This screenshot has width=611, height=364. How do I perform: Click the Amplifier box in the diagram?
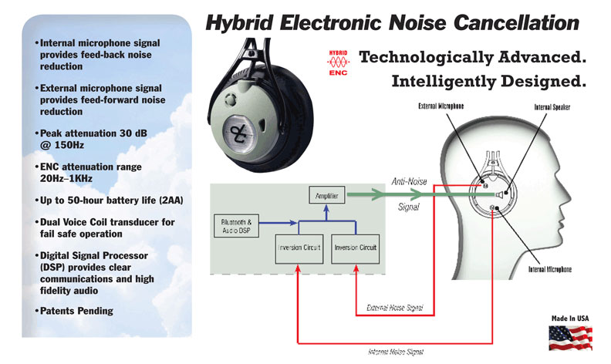[x=326, y=195]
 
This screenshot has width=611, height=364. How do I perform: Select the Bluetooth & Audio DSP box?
[x=237, y=226]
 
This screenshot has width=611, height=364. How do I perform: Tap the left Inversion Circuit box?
[x=299, y=249]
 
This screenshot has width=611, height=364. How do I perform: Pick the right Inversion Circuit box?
[x=355, y=249]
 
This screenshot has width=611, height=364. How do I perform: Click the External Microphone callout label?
[x=441, y=106]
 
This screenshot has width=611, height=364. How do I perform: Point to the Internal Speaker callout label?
[x=552, y=106]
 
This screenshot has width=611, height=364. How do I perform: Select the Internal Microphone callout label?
[x=550, y=269]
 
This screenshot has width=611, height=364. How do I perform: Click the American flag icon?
[x=570, y=338]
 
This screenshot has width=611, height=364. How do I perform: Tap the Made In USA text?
[x=570, y=318]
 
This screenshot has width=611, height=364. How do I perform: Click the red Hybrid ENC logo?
[x=338, y=62]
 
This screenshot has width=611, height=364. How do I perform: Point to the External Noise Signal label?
[x=395, y=308]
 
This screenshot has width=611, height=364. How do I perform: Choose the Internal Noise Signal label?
[x=396, y=352]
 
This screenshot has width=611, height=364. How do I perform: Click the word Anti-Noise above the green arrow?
[x=409, y=181]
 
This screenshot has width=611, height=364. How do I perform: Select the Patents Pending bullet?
[x=74, y=311]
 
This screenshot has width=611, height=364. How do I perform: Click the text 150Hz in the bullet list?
[x=69, y=145]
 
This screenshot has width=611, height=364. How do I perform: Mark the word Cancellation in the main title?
[x=516, y=22]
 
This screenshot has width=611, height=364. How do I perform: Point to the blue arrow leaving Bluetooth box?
[x=278, y=223]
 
